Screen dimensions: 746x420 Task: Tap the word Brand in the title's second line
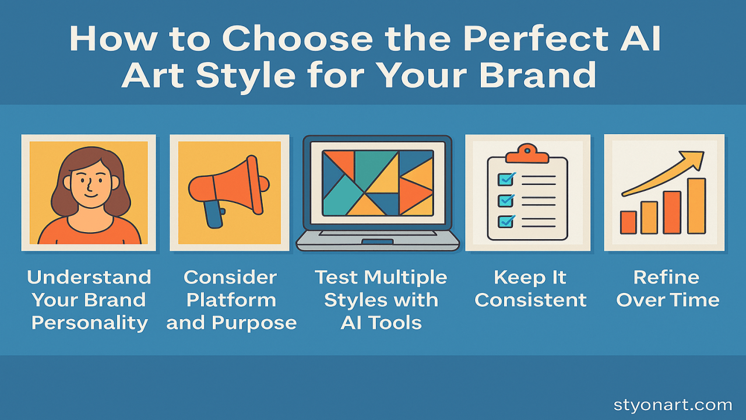pos(537,75)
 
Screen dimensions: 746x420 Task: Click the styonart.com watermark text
pos(673,405)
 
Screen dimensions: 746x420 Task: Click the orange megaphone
pos(229,186)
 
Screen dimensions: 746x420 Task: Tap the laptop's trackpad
pos(377,242)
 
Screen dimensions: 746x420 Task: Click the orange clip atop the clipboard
pos(527,153)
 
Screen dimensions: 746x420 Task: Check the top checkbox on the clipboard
pos(505,179)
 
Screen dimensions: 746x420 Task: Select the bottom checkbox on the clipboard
pos(505,222)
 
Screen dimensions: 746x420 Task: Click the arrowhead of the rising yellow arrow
pos(694,160)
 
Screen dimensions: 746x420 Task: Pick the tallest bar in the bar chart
pos(696,206)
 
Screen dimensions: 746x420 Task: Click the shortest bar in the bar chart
pos(628,222)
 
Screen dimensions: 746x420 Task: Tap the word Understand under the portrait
pos(89,277)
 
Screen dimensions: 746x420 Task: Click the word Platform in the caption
pos(231,300)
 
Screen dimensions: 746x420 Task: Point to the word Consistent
pos(530,300)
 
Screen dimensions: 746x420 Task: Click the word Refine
pos(666,277)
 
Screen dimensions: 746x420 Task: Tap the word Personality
pos(90,323)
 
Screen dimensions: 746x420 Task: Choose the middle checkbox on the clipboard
pos(505,201)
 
